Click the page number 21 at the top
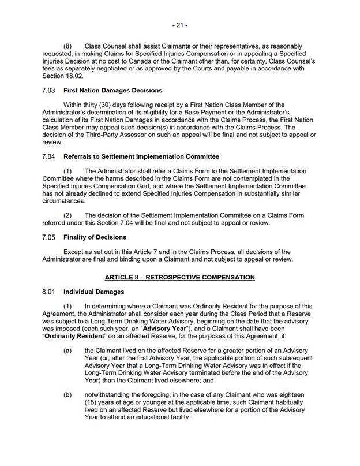(x=179, y=25)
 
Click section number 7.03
(x=49, y=91)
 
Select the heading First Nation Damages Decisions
(x=112, y=91)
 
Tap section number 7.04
(x=49, y=156)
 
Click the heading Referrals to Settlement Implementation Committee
(x=141, y=156)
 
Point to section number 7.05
(x=49, y=237)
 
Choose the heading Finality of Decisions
(x=95, y=237)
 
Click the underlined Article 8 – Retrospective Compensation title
(x=179, y=277)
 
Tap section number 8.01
(x=49, y=292)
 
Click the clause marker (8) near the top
(x=67, y=46)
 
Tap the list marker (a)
(x=67, y=351)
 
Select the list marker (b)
(x=67, y=396)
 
